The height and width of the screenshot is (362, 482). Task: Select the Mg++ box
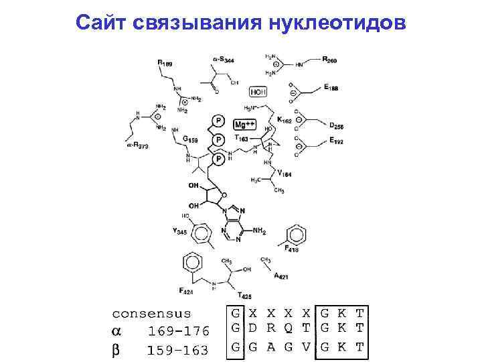point(244,125)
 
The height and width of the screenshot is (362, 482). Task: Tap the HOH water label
point(257,91)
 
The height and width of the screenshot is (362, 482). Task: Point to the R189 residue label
point(165,63)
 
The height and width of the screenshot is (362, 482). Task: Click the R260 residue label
point(329,61)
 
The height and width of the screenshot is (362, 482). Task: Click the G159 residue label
point(190,139)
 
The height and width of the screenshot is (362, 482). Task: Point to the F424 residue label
point(187,290)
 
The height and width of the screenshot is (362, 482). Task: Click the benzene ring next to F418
point(295,235)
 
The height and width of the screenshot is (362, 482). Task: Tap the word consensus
point(151,313)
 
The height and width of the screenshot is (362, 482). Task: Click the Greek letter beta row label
point(116,349)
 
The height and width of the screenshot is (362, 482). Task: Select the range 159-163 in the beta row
point(177,349)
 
